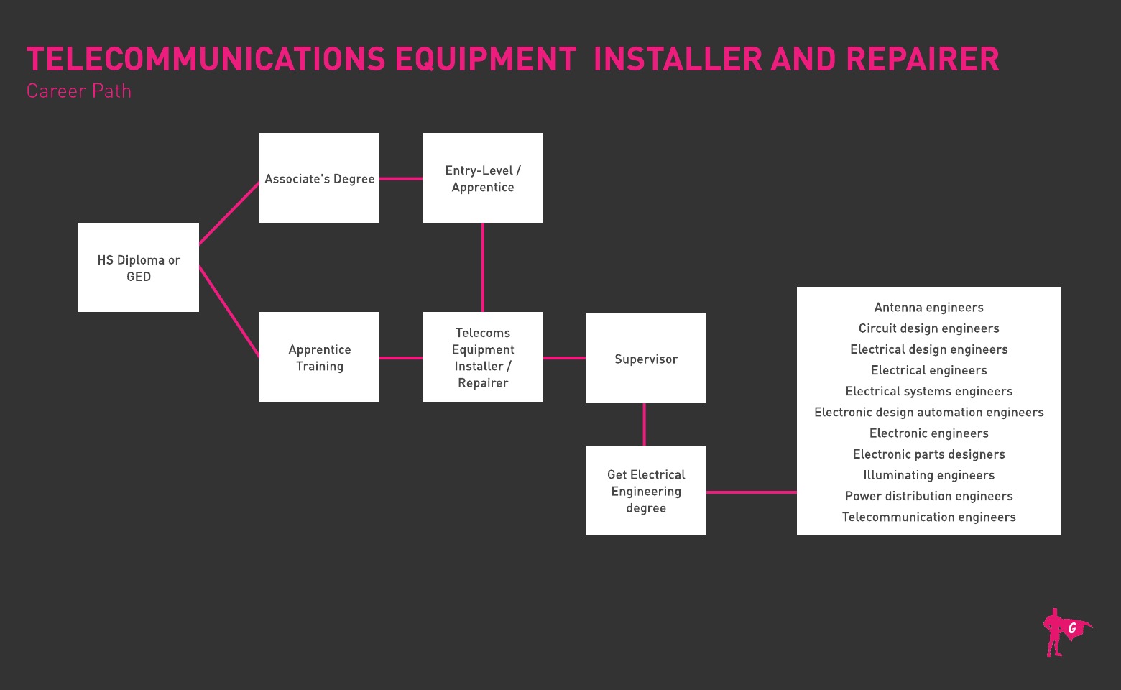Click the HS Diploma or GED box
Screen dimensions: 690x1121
pyautogui.click(x=139, y=267)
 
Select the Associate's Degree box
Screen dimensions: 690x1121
pyautogui.click(x=319, y=178)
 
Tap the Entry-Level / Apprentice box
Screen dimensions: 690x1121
pyautogui.click(x=483, y=178)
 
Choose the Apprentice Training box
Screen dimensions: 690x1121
pyautogui.click(x=319, y=357)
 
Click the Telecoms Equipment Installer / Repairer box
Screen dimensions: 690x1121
pyautogui.click(x=483, y=357)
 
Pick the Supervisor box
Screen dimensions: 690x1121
pyautogui.click(x=645, y=359)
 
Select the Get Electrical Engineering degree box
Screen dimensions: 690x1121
pyautogui.click(x=645, y=491)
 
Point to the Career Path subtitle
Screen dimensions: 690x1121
pyautogui.click(x=79, y=91)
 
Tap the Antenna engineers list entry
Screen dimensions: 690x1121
pyautogui.click(x=928, y=308)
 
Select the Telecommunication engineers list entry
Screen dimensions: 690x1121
pyautogui.click(x=928, y=517)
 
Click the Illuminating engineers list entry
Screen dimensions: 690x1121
pyautogui.click(x=928, y=475)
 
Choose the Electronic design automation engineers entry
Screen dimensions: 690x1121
pyautogui.click(x=928, y=413)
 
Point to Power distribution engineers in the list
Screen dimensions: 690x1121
pyautogui.click(x=928, y=496)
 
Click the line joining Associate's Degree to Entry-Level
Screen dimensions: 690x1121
pyautogui.click(x=401, y=178)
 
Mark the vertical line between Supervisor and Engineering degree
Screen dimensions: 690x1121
pyautogui.click(x=644, y=424)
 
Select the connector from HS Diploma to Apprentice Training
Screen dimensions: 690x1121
pyautogui.click(x=229, y=311)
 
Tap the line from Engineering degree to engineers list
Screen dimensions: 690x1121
pyautogui.click(x=751, y=492)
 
